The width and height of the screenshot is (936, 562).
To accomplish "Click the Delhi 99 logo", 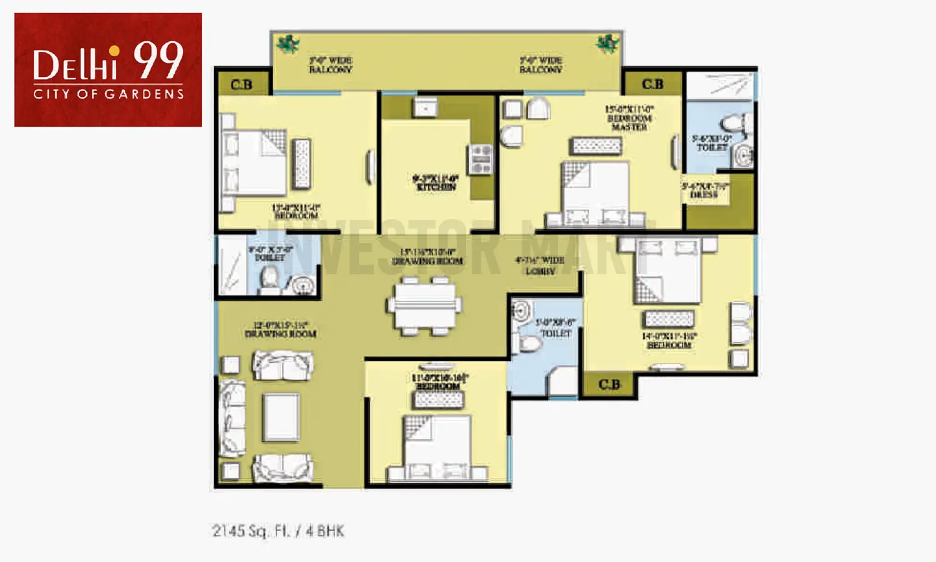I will click(108, 69).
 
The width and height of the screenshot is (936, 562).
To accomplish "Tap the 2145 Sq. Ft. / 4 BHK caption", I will click(278, 531).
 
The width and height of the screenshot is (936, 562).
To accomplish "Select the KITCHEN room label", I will click(436, 182).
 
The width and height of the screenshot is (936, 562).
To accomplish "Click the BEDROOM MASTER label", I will click(629, 118).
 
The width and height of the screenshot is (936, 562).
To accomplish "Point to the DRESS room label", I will click(704, 190).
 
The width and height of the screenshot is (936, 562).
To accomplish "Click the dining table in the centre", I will click(424, 305).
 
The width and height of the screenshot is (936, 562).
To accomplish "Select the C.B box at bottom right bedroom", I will click(609, 385).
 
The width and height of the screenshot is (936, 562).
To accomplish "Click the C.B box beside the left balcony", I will click(242, 84).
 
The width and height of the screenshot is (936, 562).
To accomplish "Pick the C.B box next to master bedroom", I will click(653, 84).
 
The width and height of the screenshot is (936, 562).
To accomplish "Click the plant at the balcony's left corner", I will click(288, 44).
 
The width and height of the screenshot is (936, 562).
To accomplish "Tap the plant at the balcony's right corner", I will click(607, 44).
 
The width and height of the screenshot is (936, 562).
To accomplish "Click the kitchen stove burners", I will click(481, 159).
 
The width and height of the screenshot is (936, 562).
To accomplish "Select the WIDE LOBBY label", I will click(540, 265).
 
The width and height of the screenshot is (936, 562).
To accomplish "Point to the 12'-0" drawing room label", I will click(280, 329).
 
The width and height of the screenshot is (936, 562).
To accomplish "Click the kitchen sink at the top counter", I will click(425, 107).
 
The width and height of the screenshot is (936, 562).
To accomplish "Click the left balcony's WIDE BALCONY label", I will click(331, 65).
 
